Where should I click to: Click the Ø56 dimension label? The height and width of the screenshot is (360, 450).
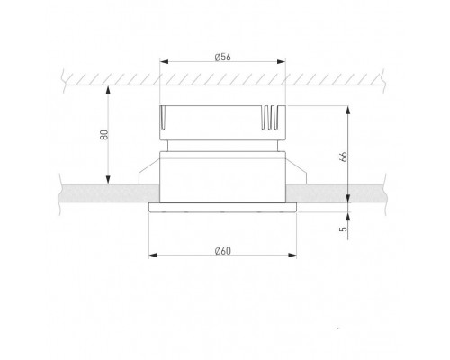(223, 57)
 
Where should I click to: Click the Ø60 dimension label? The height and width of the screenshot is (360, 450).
(223, 251)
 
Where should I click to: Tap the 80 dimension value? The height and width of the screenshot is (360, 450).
(104, 135)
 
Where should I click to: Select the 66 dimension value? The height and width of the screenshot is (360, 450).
(344, 157)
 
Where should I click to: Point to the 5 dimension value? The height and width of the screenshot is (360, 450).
(343, 229)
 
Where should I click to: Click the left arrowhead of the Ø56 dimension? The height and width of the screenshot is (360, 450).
(164, 62)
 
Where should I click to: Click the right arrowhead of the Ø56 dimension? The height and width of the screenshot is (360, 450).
(282, 62)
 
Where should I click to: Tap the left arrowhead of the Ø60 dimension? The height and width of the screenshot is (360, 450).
(153, 256)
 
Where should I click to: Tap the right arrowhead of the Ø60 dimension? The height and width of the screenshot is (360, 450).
(292, 256)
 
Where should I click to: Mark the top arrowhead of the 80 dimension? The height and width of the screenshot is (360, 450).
(108, 90)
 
